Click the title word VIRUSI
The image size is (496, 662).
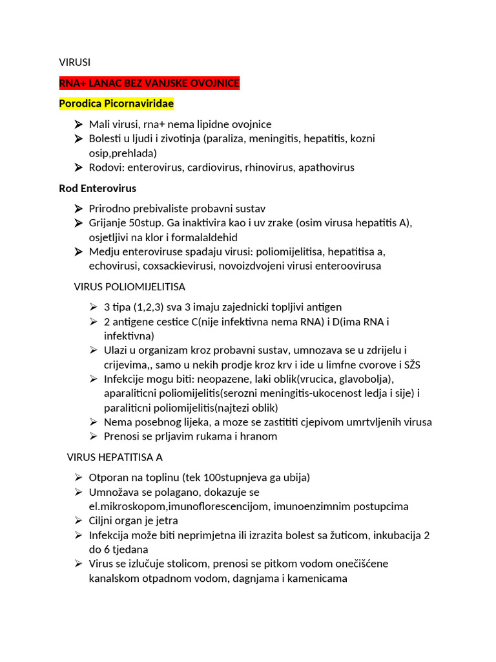(75, 62)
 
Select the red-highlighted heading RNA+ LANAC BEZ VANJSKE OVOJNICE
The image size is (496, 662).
(149, 83)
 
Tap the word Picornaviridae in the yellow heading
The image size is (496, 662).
(139, 103)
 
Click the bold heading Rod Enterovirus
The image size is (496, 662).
(98, 188)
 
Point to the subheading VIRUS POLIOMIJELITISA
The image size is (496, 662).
(130, 286)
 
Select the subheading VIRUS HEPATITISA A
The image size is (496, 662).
(115, 457)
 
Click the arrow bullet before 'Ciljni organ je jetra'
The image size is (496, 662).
(77, 520)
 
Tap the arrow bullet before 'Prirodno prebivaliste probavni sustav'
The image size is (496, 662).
(77, 209)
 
